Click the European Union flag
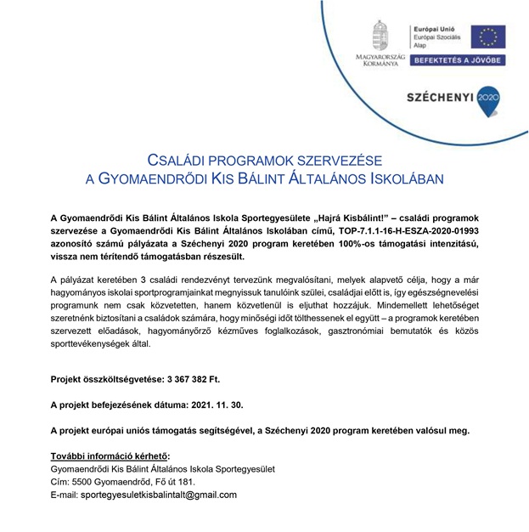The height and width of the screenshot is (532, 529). coord(488,37)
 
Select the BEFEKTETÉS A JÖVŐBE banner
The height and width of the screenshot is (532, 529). coord(458,60)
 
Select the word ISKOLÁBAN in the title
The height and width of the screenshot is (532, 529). coord(404,179)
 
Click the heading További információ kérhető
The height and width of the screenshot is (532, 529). coord(111,456)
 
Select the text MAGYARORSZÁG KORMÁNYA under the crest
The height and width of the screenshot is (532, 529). coord(380,61)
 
